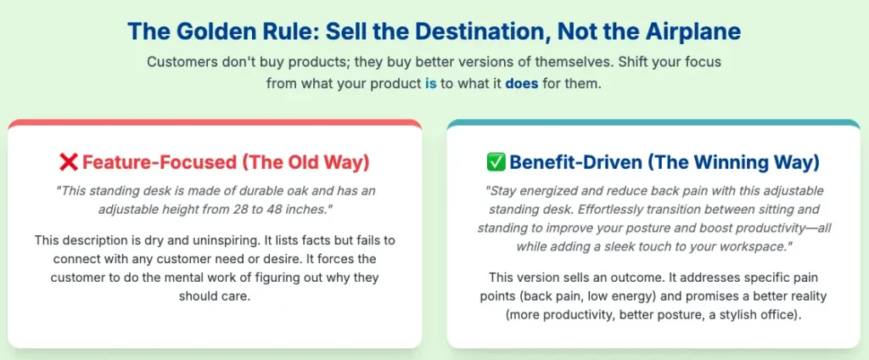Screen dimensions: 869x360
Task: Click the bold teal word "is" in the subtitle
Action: (430, 86)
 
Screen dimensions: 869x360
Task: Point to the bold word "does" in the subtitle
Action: (522, 86)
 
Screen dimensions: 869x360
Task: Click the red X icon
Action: (68, 162)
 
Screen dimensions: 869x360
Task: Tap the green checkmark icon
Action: (495, 162)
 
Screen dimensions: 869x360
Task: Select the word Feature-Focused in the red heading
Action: (159, 163)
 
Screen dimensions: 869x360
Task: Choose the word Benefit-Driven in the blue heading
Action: (575, 163)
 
